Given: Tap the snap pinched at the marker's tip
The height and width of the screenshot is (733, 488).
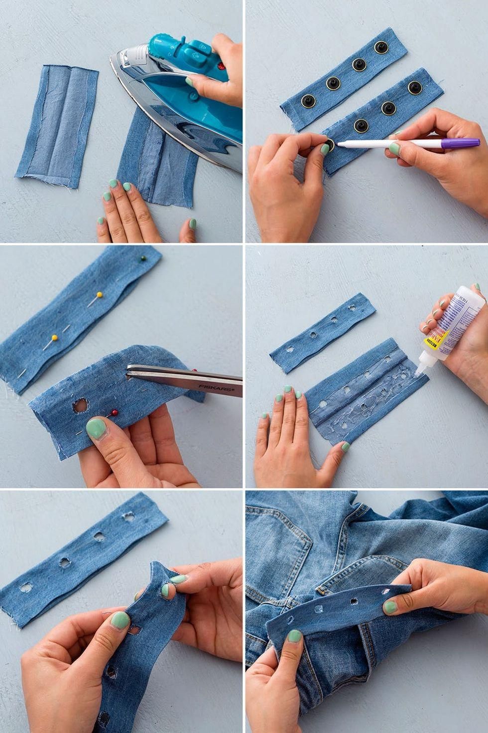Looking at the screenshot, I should pos(328,146).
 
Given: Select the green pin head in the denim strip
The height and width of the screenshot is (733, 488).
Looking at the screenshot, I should pos(142,259).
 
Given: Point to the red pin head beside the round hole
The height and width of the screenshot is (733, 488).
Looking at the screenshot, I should pos(115,413).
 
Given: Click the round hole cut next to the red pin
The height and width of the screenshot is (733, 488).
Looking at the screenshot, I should pos(79,406).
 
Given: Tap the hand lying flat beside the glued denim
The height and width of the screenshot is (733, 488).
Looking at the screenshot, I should pos(289,434).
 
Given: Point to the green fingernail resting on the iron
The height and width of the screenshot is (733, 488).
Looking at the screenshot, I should pos(189,81).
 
